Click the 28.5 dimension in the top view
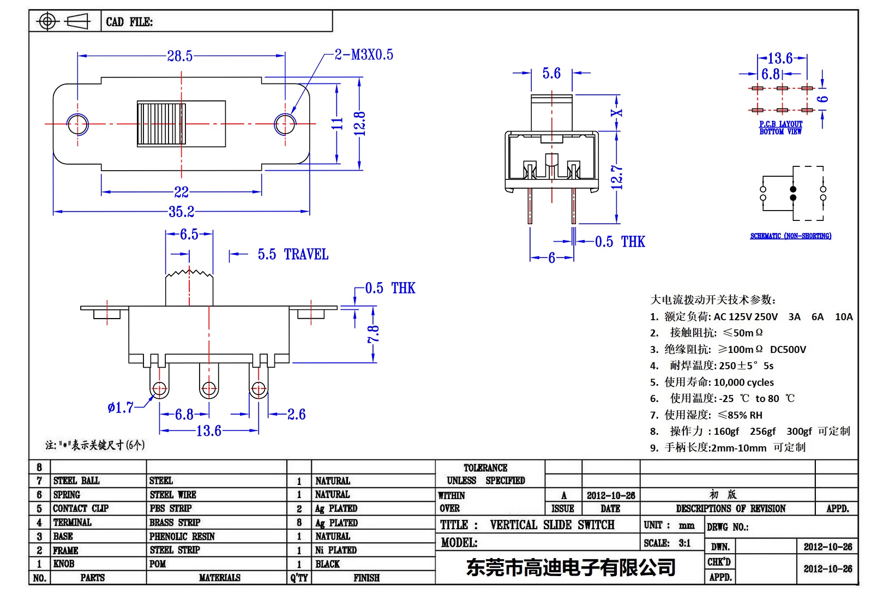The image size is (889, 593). pyautogui.click(x=180, y=56)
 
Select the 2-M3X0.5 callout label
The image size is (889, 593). pyautogui.click(x=364, y=55)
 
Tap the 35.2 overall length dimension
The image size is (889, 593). pyautogui.click(x=181, y=212)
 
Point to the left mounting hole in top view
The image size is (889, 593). pyautogui.click(x=77, y=123)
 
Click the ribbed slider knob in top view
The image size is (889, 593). pyautogui.click(x=161, y=124)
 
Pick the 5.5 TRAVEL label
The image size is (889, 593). pyautogui.click(x=293, y=255)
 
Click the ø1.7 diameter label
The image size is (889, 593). pyautogui.click(x=121, y=408)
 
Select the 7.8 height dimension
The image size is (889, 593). pyautogui.click(x=374, y=334)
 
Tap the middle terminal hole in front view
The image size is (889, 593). pyautogui.click(x=209, y=389)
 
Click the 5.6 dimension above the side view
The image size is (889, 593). pyautogui.click(x=551, y=74)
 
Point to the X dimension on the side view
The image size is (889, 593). pyautogui.click(x=617, y=113)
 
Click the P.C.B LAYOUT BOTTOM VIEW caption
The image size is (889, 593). pyautogui.click(x=780, y=128)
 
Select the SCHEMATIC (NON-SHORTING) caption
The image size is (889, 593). pyautogui.click(x=790, y=236)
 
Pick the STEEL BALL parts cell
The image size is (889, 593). pyautogui.click(x=76, y=481)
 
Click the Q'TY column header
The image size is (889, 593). pyautogui.click(x=299, y=578)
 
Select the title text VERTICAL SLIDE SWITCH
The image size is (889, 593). pyautogui.click(x=552, y=525)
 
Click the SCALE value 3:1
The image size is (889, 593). pyautogui.click(x=684, y=543)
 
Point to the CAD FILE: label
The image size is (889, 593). pyautogui.click(x=129, y=22)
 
